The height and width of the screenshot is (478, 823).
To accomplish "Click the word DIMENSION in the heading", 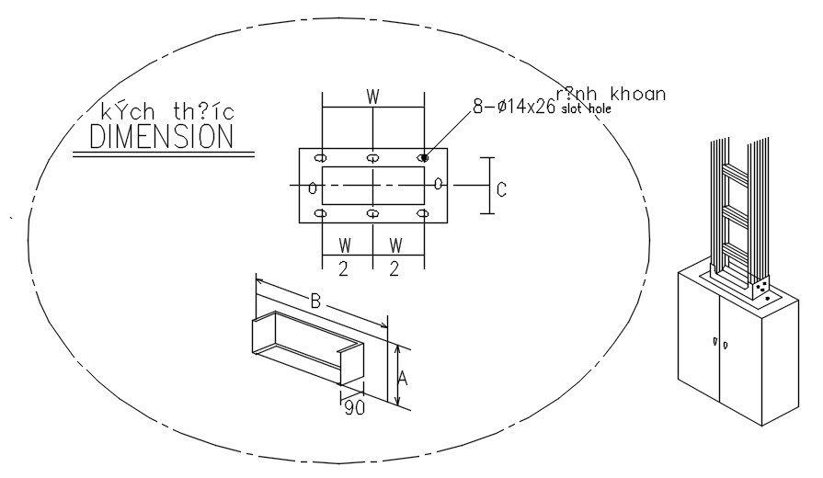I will point(161,136).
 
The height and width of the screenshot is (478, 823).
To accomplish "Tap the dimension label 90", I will point(354,407).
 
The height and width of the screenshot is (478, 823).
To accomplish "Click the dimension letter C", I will point(501,190).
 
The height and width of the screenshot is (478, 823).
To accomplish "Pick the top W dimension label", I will point(372,97).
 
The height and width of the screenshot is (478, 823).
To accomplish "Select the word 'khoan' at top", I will point(635,94).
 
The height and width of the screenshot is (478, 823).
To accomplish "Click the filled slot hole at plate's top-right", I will point(424,158).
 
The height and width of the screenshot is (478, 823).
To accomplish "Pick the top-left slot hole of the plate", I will point(321,158).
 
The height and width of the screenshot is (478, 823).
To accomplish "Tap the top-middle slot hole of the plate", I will point(372,158).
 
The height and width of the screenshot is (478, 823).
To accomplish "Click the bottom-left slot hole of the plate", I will point(321,214).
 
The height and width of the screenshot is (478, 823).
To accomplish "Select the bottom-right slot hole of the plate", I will point(424,214).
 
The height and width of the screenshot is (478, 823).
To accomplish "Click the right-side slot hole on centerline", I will point(439,185).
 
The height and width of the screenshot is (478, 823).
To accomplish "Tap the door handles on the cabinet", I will point(718,343).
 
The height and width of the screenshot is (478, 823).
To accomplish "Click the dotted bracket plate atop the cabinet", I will point(763,291).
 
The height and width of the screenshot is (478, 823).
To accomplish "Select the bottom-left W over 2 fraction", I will point(346,257).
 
